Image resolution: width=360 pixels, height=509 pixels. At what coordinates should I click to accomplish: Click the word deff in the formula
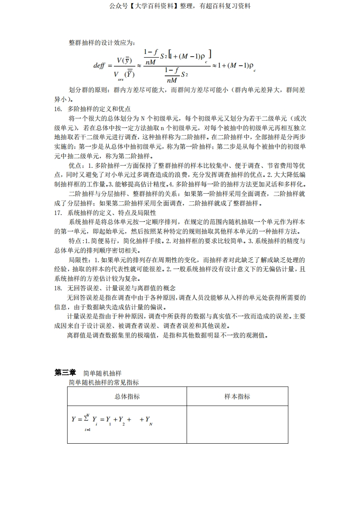pyautogui.click(x=99, y=65)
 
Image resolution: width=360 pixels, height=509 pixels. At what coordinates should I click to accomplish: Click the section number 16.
pyautogui.click(x=58, y=109)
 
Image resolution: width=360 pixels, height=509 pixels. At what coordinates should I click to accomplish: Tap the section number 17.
pyautogui.click(x=58, y=212)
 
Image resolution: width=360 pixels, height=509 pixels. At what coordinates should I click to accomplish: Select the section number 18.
pyautogui.click(x=58, y=288)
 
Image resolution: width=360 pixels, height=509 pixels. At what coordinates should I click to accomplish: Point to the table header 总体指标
pyautogui.click(x=127, y=396)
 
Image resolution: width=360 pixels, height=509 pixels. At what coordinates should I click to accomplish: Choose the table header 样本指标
pyautogui.click(x=237, y=396)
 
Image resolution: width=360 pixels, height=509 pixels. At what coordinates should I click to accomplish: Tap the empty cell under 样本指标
pyautogui.click(x=237, y=424)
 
